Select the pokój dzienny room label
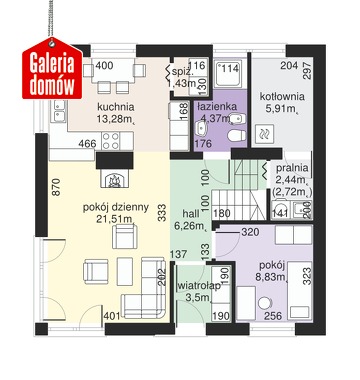tap(116, 207)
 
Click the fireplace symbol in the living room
tap(115, 180)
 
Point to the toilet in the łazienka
tap(237, 135)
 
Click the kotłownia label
tap(282, 97)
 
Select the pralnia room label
tap(292, 168)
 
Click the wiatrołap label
tap(199, 286)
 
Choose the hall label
tap(191, 214)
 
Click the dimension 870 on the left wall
tap(57, 187)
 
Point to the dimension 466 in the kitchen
tap(87, 144)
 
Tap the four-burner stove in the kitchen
tap(111, 141)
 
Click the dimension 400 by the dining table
tap(104, 65)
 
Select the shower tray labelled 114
tap(230, 73)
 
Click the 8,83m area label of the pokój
tap(270, 277)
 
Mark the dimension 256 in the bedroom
tap(273, 316)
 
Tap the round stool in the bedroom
tap(266, 304)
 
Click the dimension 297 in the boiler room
tap(307, 70)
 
